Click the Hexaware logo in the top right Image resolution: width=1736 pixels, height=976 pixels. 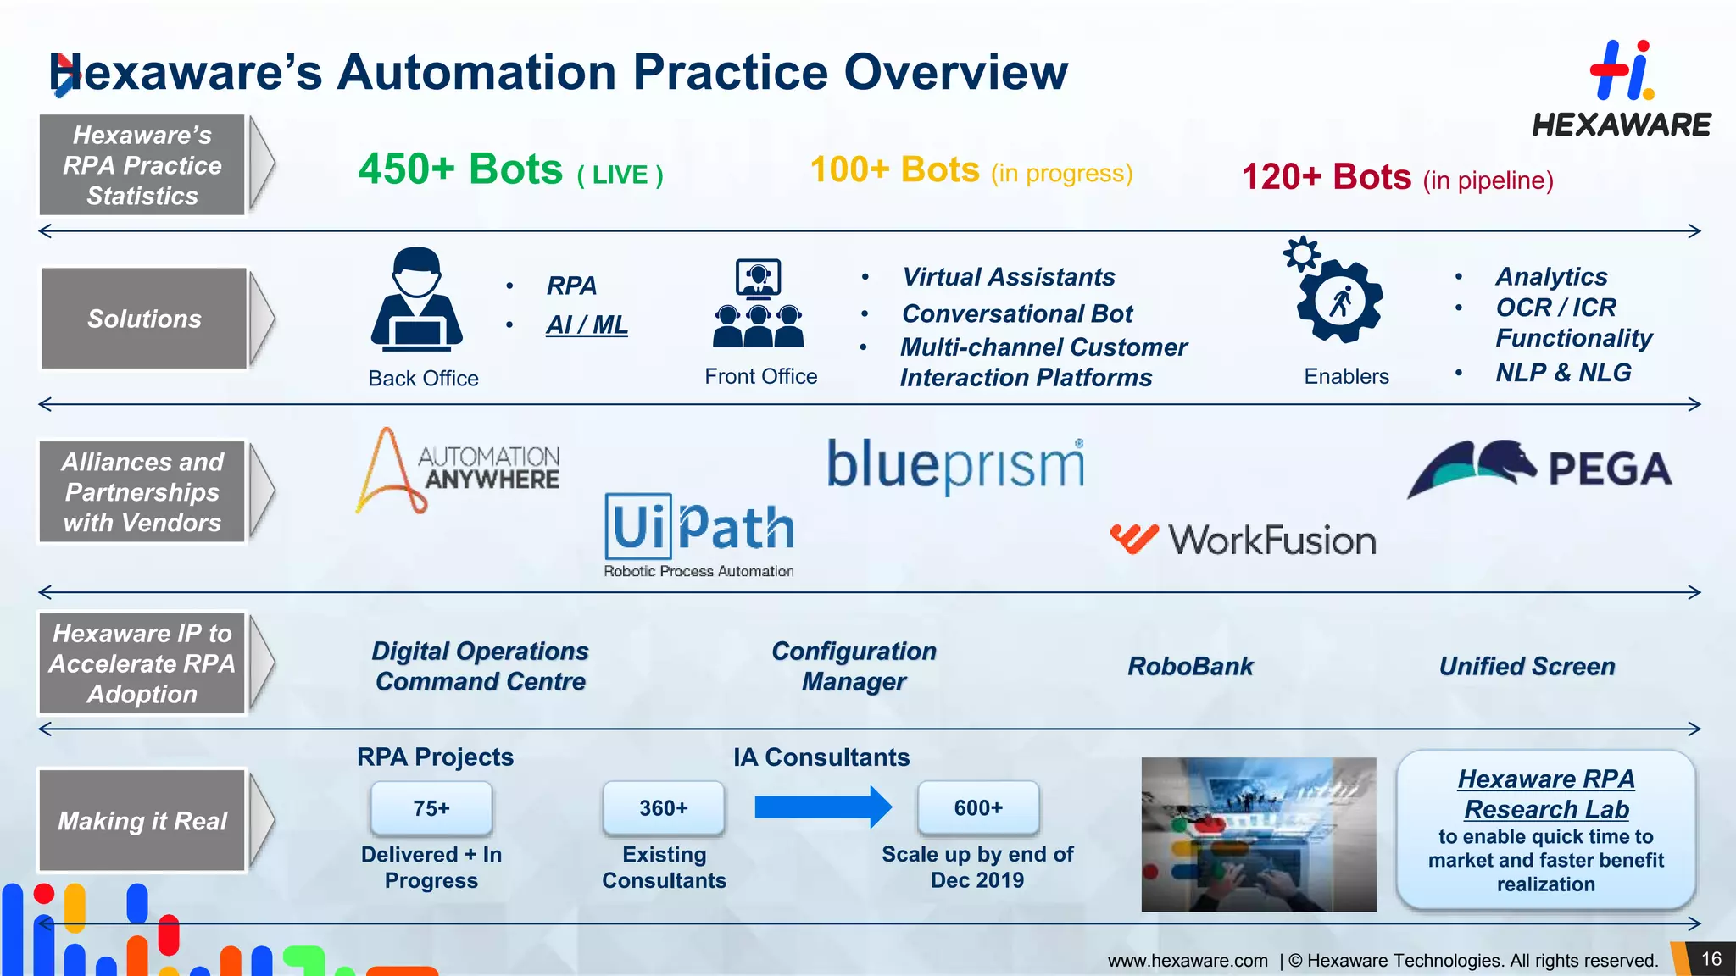[x=1621, y=89]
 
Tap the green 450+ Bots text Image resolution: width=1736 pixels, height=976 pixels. [x=460, y=169]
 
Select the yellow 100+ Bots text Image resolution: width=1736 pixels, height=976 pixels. [x=895, y=170]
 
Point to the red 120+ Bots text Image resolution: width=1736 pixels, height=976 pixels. [x=1326, y=178]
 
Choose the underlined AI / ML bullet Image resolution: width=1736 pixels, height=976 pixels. [x=587, y=324]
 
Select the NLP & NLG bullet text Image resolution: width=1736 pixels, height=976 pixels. [x=1562, y=373]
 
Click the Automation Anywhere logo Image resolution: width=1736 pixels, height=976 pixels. [x=458, y=470]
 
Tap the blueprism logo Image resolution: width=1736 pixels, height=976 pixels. [x=955, y=465]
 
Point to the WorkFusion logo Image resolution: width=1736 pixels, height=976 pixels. [x=1243, y=540]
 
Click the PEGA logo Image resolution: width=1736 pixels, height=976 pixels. [x=1539, y=469]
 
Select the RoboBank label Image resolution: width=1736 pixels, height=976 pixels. [x=1189, y=667]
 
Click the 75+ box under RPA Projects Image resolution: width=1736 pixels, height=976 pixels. [x=431, y=808]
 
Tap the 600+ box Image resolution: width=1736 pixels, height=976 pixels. [x=978, y=808]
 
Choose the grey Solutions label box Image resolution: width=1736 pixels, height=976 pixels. [x=144, y=319]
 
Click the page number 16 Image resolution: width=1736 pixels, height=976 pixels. [x=1711, y=959]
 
